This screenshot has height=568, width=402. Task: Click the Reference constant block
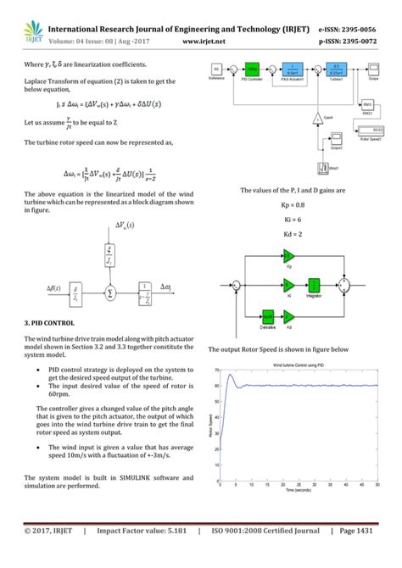tap(216, 70)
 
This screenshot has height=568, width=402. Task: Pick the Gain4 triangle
tap(315, 116)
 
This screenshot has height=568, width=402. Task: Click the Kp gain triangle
tap(288, 254)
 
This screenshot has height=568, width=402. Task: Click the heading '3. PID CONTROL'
tap(50, 323)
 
